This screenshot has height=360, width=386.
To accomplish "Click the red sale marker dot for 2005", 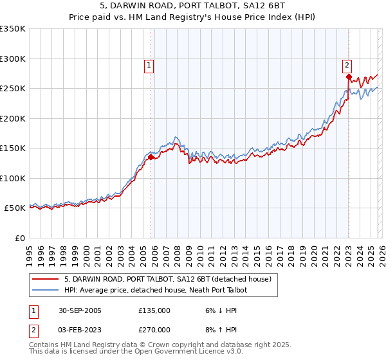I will [x=151, y=157].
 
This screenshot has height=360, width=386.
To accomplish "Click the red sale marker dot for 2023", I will [x=348, y=76].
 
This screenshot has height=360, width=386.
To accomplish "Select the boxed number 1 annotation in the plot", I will [x=149, y=64].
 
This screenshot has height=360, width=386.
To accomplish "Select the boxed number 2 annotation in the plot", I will [x=347, y=64].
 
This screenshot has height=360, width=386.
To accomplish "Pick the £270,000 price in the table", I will [x=154, y=329].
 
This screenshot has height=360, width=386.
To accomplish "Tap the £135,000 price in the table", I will [x=154, y=310].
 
